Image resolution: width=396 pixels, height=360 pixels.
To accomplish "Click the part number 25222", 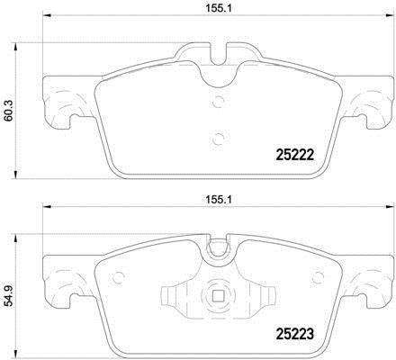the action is [x=294, y=155].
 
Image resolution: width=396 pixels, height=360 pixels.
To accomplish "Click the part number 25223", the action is [x=294, y=334].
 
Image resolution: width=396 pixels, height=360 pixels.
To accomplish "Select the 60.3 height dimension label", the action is [x=8, y=111].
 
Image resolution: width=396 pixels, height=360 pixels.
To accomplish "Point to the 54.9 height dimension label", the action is [x=8, y=295].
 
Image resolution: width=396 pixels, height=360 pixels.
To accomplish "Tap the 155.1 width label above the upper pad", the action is [x=219, y=9].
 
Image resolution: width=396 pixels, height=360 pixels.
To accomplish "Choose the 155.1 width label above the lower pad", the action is [x=219, y=199].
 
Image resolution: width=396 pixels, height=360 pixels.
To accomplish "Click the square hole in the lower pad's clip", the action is [x=218, y=297].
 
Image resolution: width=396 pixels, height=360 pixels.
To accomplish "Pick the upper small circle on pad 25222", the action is [x=219, y=101].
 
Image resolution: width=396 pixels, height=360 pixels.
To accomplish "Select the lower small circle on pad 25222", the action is [x=219, y=139].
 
